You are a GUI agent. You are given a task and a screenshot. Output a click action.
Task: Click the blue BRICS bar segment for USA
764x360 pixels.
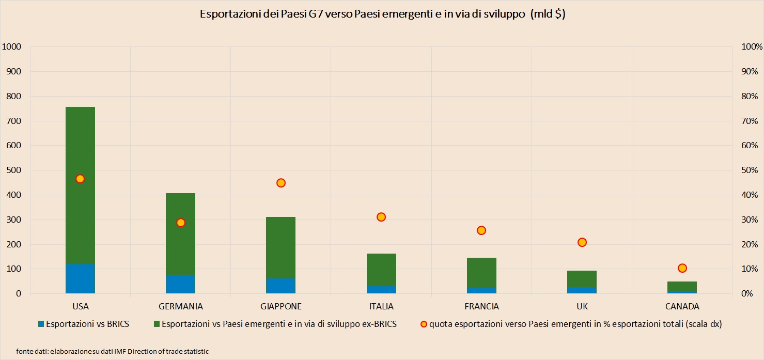tap(80, 279)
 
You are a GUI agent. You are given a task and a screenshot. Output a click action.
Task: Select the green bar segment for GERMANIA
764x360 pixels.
tap(180, 234)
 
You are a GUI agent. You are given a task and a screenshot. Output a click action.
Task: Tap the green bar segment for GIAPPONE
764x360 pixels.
tap(280, 248)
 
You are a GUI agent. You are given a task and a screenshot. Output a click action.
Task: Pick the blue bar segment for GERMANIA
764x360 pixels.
tap(180, 285)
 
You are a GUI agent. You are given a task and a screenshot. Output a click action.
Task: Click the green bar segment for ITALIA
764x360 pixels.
tap(381, 270)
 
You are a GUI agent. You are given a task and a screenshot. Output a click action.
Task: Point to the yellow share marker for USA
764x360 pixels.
tap(80, 179)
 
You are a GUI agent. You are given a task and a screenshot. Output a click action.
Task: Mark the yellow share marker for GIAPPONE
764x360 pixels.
tap(281, 183)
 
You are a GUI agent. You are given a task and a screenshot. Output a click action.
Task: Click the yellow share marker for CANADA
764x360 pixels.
tap(682, 268)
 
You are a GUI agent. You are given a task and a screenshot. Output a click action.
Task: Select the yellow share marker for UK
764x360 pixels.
tap(582, 242)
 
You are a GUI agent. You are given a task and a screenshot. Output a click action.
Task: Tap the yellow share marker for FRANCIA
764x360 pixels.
tap(481, 230)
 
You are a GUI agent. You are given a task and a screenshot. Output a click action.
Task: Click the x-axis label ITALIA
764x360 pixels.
tap(381, 306)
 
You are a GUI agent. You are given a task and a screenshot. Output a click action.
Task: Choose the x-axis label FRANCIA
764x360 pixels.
tap(481, 306)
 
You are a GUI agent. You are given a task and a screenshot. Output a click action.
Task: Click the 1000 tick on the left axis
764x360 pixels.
tap(11, 47)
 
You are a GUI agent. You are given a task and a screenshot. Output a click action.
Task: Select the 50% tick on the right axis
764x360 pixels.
tap(750, 170)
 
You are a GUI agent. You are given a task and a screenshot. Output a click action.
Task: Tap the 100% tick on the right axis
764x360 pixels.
tap(752, 47)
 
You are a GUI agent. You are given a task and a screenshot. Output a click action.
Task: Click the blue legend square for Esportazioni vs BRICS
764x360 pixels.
tap(41, 324)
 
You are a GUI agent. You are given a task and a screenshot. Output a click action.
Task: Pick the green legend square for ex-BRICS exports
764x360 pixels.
tap(157, 324)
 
